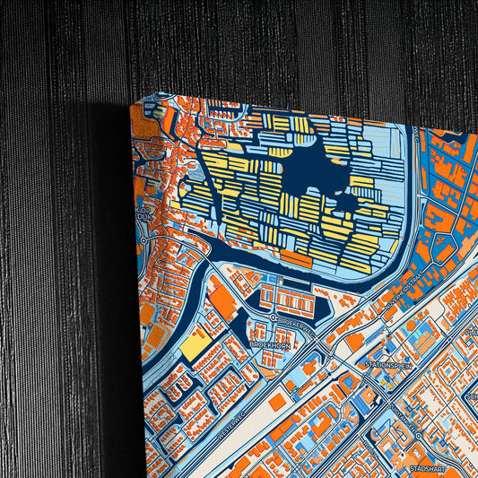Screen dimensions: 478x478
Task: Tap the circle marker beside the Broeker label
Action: pyautogui.click(x=274, y=317)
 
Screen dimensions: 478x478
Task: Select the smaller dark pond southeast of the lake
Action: pyautogui.click(x=344, y=204)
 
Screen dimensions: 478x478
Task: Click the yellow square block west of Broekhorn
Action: pyautogui.click(x=195, y=345)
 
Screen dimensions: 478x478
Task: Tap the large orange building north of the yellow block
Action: pyautogui.click(x=223, y=305)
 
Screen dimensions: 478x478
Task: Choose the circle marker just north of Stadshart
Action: pyautogui.click(x=418, y=437)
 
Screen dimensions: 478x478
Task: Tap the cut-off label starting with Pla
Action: pyautogui.click(x=472, y=332)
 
